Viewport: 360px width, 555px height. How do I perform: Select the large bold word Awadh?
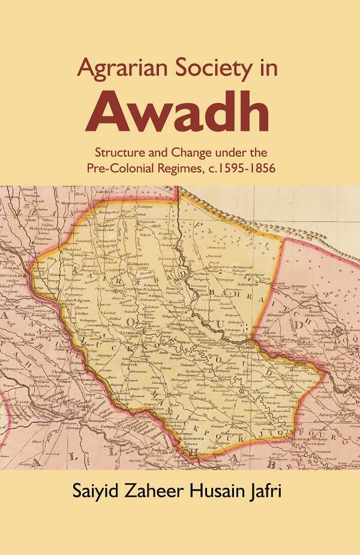pyautogui.click(x=176, y=112)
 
